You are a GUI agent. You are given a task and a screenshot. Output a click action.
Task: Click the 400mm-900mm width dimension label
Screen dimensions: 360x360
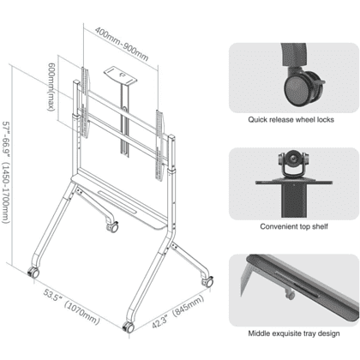[122, 44]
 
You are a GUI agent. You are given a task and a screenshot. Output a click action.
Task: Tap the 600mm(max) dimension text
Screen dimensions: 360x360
[51, 87]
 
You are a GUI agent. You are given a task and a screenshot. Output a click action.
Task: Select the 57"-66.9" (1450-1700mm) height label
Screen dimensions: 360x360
[7, 172]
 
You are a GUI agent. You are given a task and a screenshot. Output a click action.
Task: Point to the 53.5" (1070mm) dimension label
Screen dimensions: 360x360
[71, 307]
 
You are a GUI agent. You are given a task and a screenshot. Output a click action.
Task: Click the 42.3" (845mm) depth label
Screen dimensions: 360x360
[177, 311]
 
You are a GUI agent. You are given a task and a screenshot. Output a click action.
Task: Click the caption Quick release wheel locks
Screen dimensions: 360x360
[291, 119]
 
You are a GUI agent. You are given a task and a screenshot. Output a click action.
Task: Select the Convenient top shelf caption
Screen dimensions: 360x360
[294, 226]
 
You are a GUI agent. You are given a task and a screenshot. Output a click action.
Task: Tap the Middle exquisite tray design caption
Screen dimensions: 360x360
[294, 333]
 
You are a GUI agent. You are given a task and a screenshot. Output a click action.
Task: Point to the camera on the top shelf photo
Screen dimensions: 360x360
[293, 164]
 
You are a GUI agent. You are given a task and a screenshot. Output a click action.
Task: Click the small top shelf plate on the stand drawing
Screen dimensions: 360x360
[120, 75]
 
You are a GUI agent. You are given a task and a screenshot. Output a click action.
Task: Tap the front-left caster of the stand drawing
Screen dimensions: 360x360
[33, 273]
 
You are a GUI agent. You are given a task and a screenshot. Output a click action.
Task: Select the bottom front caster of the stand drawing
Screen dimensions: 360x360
[129, 327]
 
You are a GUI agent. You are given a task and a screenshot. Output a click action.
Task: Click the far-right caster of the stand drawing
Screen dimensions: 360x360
[207, 282]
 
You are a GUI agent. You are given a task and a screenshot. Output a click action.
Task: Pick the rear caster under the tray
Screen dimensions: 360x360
[112, 227]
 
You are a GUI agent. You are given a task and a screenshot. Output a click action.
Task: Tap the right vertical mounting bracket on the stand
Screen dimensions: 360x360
[160, 145]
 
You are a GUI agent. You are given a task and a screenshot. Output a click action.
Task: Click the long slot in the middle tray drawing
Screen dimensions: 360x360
[118, 201]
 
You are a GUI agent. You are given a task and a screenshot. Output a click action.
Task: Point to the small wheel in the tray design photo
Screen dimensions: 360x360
[291, 294]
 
